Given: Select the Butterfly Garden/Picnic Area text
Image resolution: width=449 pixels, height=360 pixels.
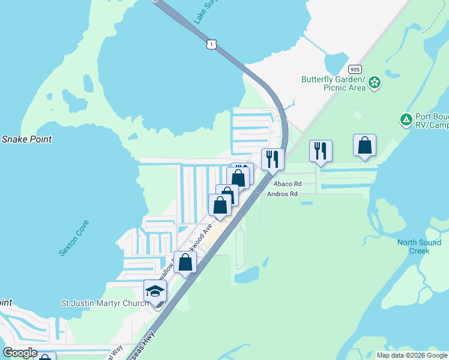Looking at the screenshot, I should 333,83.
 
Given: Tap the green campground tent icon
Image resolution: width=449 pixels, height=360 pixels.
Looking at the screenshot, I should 406,120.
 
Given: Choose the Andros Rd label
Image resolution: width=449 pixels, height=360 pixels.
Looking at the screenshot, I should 282,194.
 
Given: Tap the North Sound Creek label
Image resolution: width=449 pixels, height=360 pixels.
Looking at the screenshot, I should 419,247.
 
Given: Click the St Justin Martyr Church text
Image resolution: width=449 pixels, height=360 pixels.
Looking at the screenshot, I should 105,303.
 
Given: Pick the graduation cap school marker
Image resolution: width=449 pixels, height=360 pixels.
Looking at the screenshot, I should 155,292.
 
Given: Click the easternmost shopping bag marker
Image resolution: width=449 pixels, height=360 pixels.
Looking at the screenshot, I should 364,146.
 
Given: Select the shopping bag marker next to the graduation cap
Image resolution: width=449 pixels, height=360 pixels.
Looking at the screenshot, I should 185,262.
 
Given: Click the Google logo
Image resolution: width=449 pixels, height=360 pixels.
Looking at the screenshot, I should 20,353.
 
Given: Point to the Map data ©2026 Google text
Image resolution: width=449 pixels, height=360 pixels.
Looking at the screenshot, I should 412,355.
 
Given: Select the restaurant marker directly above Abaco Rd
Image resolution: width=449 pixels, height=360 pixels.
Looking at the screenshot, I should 273,160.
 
